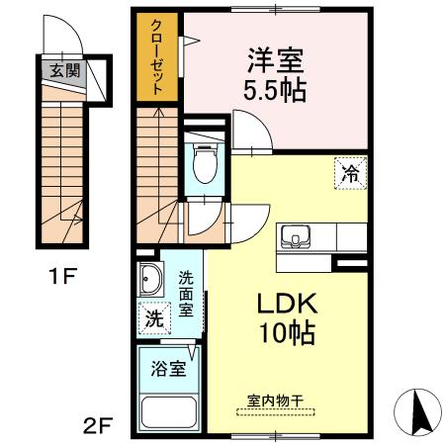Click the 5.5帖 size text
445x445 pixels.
(274, 91)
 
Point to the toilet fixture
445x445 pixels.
(205, 164)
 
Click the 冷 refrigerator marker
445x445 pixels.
(350, 172)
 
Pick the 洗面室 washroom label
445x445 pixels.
(186, 295)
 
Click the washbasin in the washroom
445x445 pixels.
(150, 280)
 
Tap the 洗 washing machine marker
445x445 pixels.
(153, 319)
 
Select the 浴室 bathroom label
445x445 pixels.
(168, 370)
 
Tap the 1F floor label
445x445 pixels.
(61, 276)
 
